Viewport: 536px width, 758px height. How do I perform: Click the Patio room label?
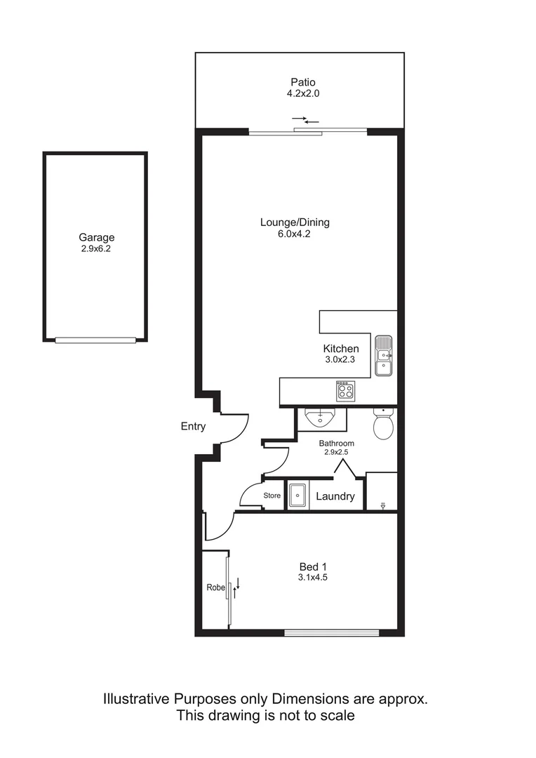tap(300, 81)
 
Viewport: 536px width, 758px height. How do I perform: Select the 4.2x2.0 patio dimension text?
tap(300, 93)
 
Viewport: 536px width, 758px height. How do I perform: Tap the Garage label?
tap(96, 237)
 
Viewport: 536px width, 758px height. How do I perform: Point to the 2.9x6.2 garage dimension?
tap(96, 248)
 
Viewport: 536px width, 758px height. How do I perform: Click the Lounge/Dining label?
tap(295, 222)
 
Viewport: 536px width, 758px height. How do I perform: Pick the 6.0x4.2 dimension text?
tap(295, 234)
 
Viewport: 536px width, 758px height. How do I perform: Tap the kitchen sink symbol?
tap(384, 355)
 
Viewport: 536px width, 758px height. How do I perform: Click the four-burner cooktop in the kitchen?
tap(344, 391)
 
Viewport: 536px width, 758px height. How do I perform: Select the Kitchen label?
tap(341, 349)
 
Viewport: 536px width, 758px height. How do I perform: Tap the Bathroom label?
tap(337, 444)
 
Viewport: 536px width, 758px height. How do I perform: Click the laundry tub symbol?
tap(298, 495)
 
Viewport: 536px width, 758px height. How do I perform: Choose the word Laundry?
tap(335, 496)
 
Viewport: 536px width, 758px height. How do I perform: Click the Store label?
tap(272, 496)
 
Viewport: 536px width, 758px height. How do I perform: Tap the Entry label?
tap(193, 426)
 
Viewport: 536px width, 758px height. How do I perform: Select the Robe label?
tap(215, 587)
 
